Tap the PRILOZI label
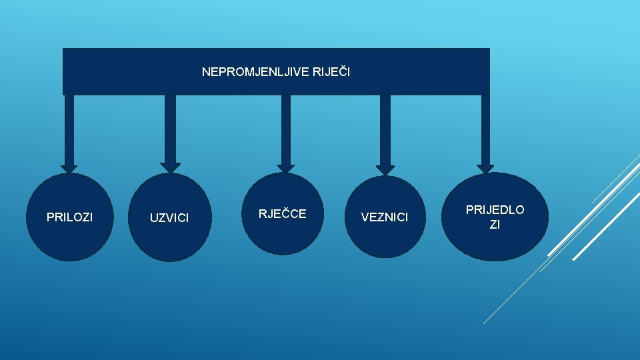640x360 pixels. click(x=69, y=217)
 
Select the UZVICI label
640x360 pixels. click(x=169, y=218)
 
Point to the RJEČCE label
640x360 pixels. click(x=282, y=213)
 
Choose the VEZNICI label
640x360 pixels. click(x=384, y=217)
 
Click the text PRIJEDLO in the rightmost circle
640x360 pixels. click(x=495, y=210)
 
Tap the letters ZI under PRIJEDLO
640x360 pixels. click(x=495, y=225)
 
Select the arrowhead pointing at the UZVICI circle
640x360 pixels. click(x=170, y=167)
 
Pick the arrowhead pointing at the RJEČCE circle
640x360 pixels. click(x=285, y=167)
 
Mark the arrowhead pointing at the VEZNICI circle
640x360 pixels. click(x=385, y=169)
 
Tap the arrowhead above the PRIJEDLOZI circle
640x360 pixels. click(x=485, y=168)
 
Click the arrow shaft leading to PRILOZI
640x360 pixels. click(x=69, y=130)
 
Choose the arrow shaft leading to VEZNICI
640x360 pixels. click(x=385, y=130)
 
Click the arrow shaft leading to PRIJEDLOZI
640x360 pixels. click(x=485, y=129)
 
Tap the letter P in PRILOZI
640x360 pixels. click(x=49, y=217)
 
